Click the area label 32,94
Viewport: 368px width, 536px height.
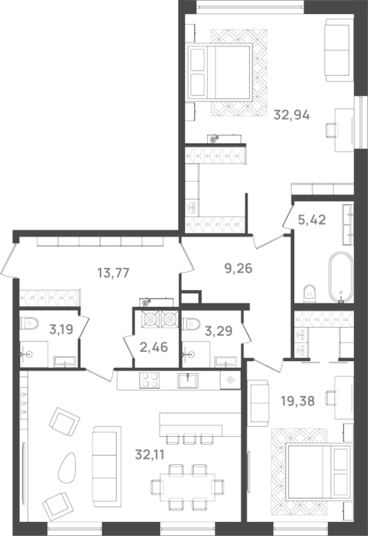pyautogui.click(x=292, y=115)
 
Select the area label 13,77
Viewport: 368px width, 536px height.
pyautogui.click(x=113, y=273)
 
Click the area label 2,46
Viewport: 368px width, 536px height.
pyautogui.click(x=154, y=346)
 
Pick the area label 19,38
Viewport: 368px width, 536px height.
pyautogui.click(x=297, y=401)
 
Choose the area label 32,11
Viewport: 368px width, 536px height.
pyautogui.click(x=150, y=454)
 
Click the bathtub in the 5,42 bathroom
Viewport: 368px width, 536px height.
pyautogui.click(x=341, y=276)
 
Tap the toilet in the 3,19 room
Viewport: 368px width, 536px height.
pyautogui.click(x=30, y=322)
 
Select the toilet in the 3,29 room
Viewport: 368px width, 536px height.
pyautogui.click(x=191, y=323)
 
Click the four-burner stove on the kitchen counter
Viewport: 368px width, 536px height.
pyautogui.click(x=149, y=381)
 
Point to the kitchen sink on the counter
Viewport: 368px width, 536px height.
pyautogui.click(x=188, y=381)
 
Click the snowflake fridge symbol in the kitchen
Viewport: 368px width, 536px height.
pyautogui.click(x=230, y=380)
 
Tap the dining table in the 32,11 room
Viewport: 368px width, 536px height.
pyautogui.click(x=187, y=487)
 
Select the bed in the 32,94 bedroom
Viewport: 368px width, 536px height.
pyautogui.click(x=220, y=72)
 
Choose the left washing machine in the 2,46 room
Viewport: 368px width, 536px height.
pyautogui.click(x=150, y=319)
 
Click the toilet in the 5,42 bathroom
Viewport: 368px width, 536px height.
pyautogui.click(x=310, y=293)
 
